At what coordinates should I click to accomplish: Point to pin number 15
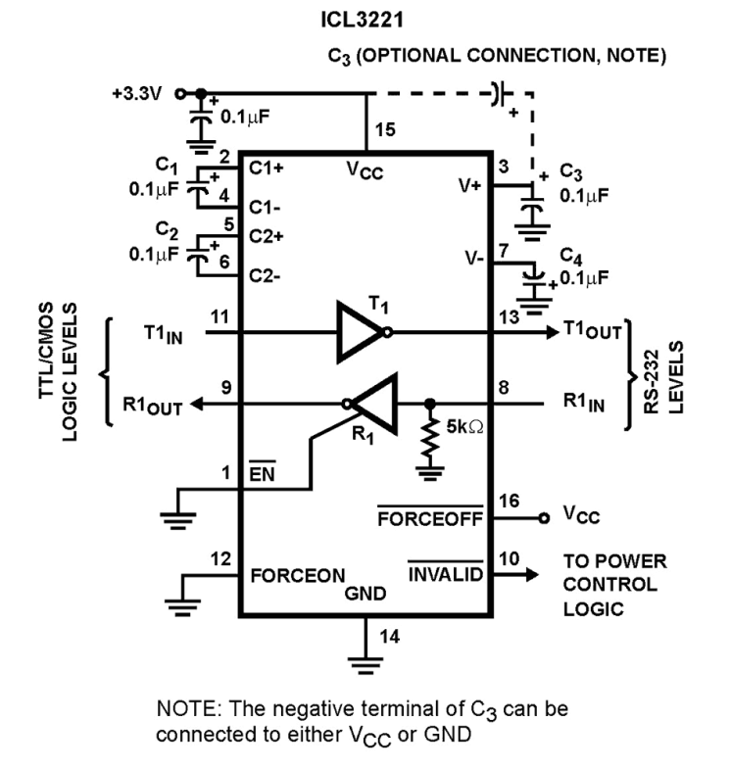[387, 129]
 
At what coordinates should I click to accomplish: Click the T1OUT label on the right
[592, 331]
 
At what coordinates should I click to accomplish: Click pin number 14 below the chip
[390, 637]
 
